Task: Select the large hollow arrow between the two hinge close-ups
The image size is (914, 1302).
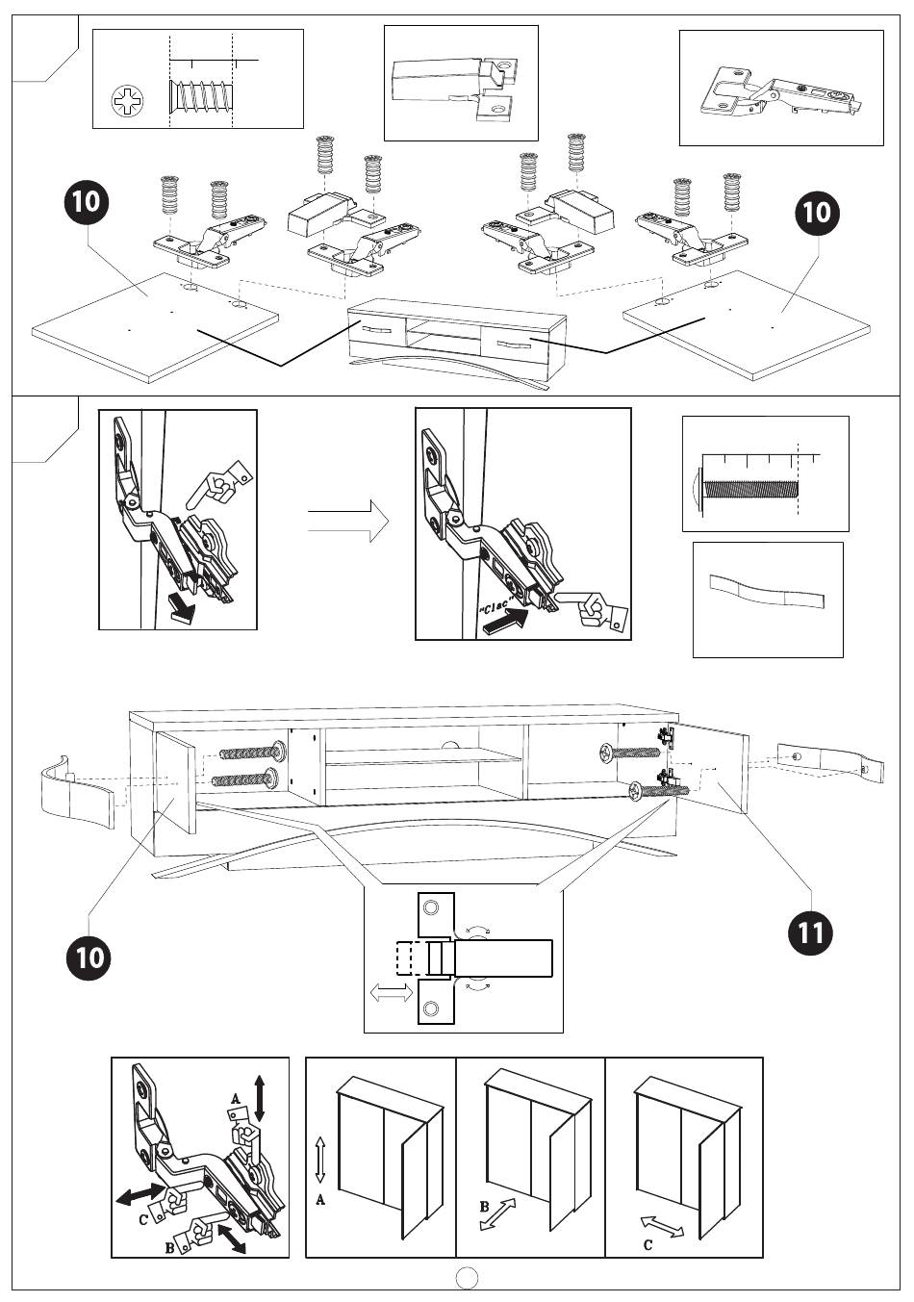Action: [348, 523]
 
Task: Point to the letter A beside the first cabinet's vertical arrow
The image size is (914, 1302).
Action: [320, 1200]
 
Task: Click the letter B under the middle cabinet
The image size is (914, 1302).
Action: [485, 1206]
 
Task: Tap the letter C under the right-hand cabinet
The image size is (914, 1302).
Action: [648, 1245]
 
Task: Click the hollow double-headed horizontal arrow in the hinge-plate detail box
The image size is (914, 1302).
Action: [392, 995]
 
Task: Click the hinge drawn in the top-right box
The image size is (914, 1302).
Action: [780, 90]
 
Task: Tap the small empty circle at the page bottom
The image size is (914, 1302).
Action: [467, 1277]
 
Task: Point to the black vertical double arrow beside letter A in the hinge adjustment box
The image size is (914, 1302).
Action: [260, 1097]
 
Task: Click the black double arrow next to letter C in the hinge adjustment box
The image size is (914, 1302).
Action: [138, 1194]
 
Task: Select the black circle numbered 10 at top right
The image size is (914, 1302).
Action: [816, 210]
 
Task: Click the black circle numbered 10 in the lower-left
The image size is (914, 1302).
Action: [89, 957]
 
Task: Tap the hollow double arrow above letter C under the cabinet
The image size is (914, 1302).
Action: [663, 1226]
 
